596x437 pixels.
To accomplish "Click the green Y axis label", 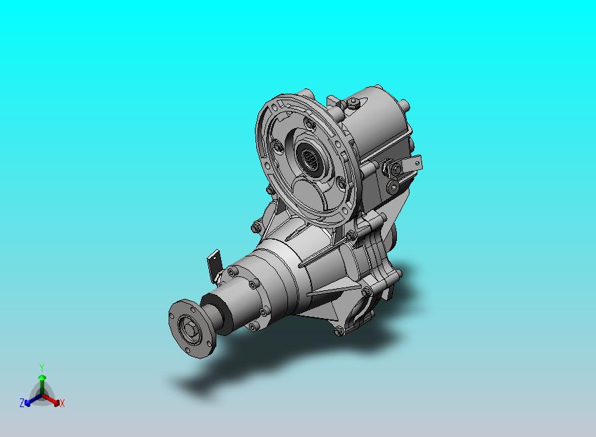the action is coord(42,367).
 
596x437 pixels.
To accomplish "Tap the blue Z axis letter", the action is coord(22,402).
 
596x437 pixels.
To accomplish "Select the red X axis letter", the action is coord(62,403).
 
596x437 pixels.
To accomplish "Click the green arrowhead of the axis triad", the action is coord(42,377).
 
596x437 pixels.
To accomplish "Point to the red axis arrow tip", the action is coord(57,402).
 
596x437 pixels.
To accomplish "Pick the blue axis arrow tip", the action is coord(27,402).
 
